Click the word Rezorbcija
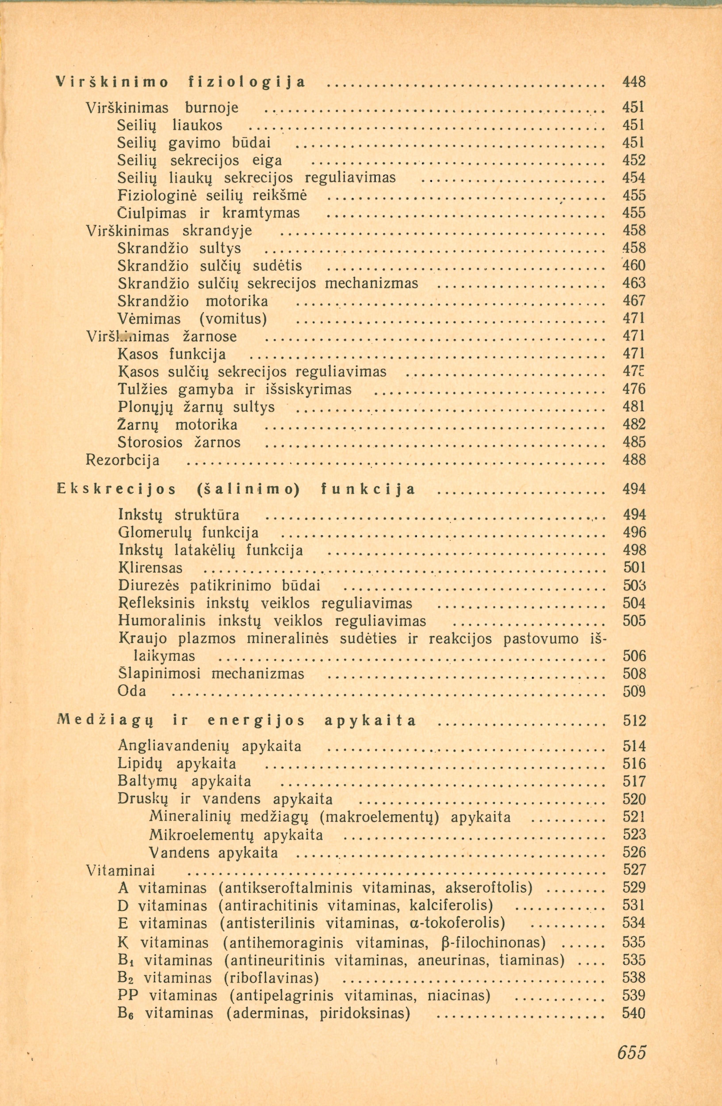pyautogui.click(x=123, y=460)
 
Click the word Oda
pyautogui.click(x=132, y=691)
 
